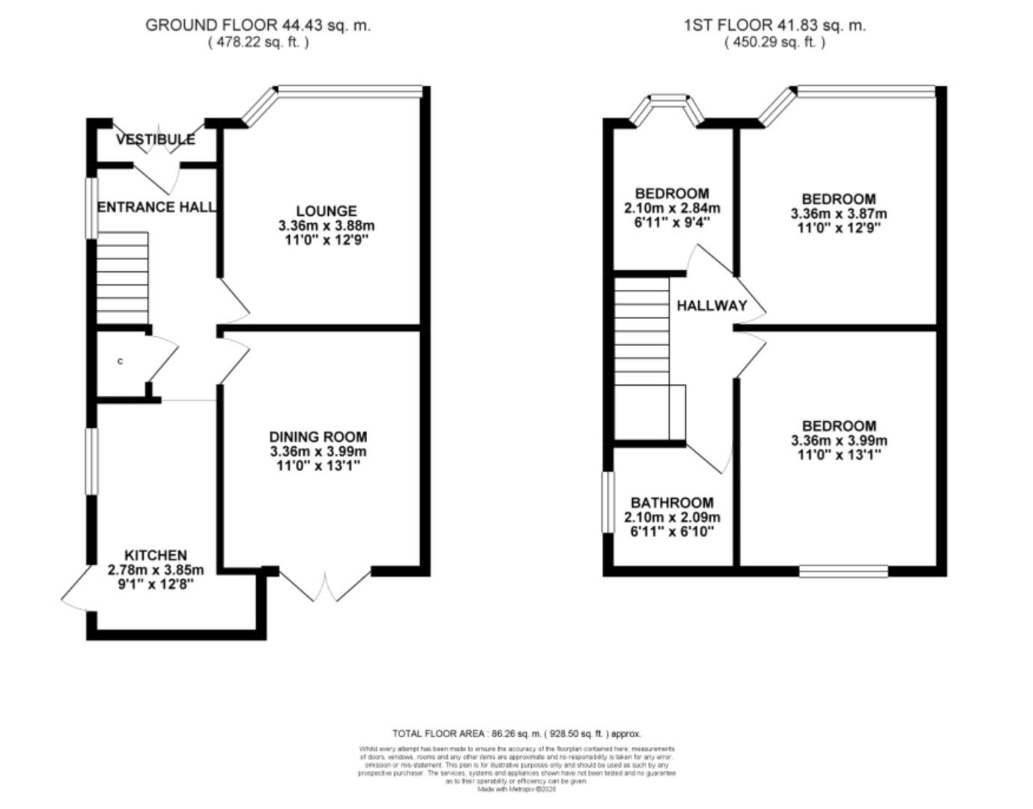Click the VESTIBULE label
[x=155, y=139]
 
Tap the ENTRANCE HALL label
[x=157, y=207]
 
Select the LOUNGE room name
[x=326, y=211]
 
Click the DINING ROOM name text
[x=318, y=437]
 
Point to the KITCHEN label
[x=155, y=555]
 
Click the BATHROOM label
[x=672, y=503]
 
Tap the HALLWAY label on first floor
[x=712, y=306]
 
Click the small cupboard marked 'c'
[x=121, y=362]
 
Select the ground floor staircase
[x=123, y=278]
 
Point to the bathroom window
[x=608, y=502]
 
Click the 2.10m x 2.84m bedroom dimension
[x=672, y=208]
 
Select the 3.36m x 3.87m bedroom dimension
[x=838, y=213]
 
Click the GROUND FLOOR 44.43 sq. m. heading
[x=258, y=25]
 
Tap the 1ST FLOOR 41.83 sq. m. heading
[x=775, y=25]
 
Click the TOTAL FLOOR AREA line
[x=516, y=734]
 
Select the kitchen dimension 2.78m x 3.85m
[x=155, y=570]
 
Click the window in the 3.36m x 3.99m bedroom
[x=843, y=572]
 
